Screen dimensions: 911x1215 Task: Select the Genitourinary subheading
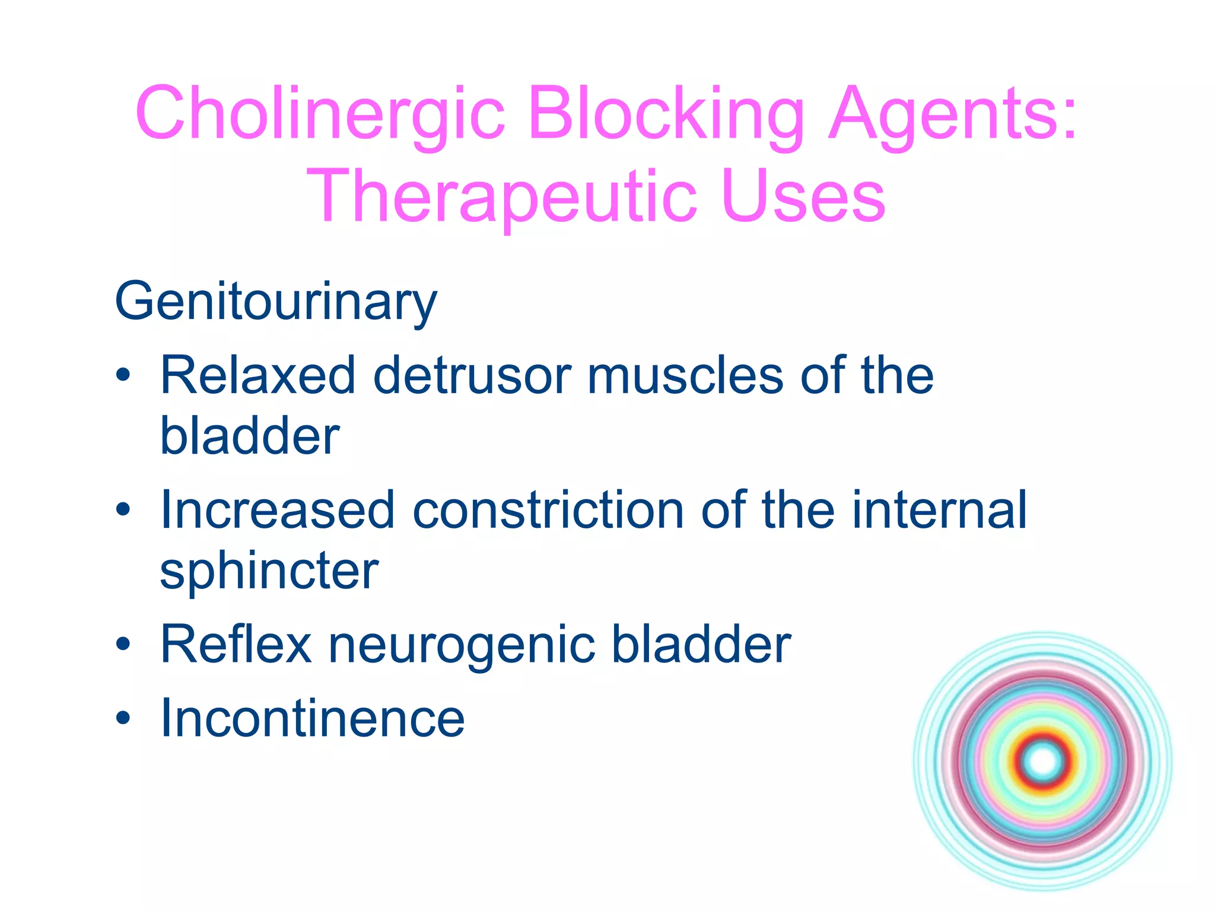(276, 302)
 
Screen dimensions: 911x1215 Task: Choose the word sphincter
(269, 572)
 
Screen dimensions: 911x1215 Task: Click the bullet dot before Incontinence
(123, 719)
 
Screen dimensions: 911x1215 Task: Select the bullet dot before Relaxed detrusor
(123, 376)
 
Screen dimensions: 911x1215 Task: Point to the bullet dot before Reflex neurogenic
(123, 645)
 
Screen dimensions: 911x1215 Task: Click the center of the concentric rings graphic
(1043, 762)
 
